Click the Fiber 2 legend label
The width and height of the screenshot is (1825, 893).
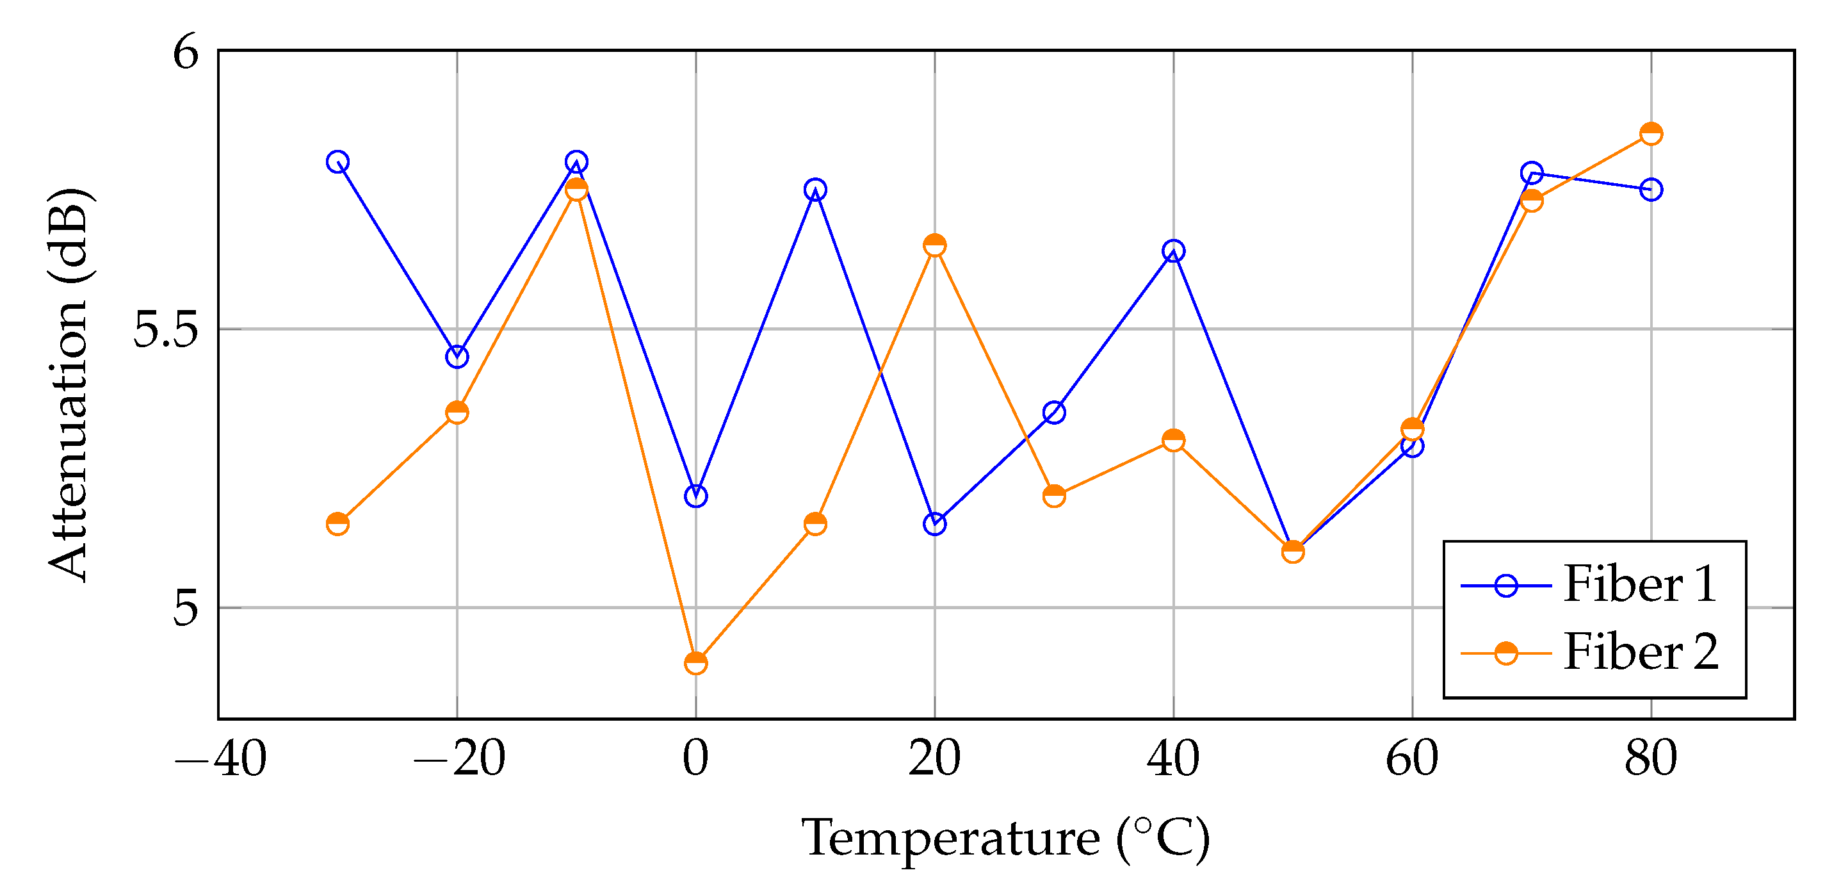pyautogui.click(x=1640, y=652)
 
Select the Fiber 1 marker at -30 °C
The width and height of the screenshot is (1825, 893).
pyautogui.click(x=338, y=161)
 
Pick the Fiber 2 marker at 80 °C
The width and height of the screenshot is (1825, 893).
pyautogui.click(x=1651, y=134)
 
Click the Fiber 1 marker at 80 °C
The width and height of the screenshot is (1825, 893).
pyautogui.click(x=1651, y=189)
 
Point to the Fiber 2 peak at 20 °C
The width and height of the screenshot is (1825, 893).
pyautogui.click(x=934, y=245)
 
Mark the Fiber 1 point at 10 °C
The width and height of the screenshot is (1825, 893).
pyautogui.click(x=815, y=189)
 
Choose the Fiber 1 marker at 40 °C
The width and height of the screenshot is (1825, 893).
pyautogui.click(x=1173, y=251)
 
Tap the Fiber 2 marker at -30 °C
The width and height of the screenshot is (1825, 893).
pyautogui.click(x=338, y=524)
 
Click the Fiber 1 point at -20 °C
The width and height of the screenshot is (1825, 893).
pyautogui.click(x=457, y=356)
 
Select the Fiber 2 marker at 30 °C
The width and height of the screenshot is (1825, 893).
pyautogui.click(x=1054, y=495)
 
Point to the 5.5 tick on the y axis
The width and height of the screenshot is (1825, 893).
pyautogui.click(x=165, y=329)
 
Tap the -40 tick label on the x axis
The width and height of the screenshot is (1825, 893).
pyautogui.click(x=221, y=758)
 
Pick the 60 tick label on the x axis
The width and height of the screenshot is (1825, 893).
pyautogui.click(x=1412, y=758)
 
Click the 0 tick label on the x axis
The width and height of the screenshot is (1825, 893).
pyautogui.click(x=695, y=758)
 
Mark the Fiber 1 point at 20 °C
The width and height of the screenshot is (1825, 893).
pyautogui.click(x=934, y=524)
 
